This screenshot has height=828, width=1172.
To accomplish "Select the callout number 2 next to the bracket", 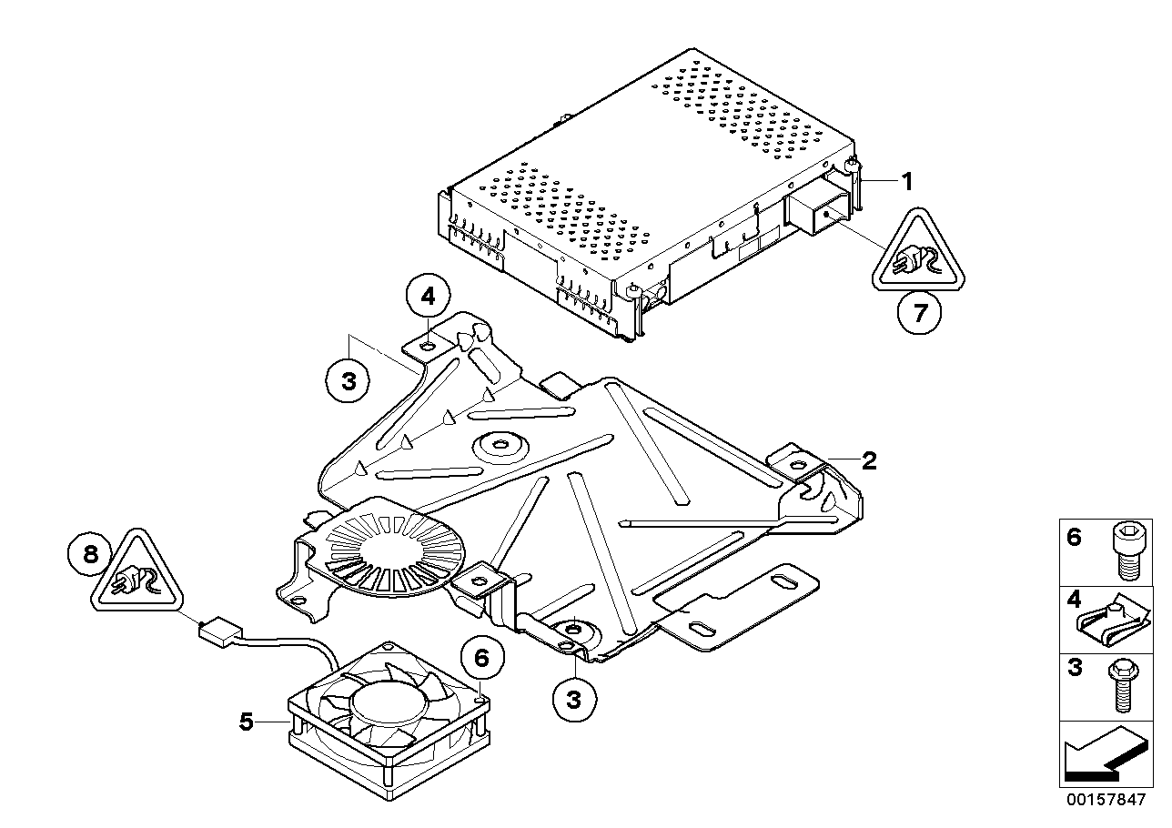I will tap(869, 460).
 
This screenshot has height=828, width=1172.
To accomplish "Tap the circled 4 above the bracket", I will tap(428, 296).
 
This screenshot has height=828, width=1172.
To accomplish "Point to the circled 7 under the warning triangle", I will tap(919, 315).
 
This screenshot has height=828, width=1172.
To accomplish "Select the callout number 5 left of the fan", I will tap(245, 722).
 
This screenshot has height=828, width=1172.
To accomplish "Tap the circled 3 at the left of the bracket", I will tap(349, 381).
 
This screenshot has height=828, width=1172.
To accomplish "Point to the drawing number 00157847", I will tap(1103, 801).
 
